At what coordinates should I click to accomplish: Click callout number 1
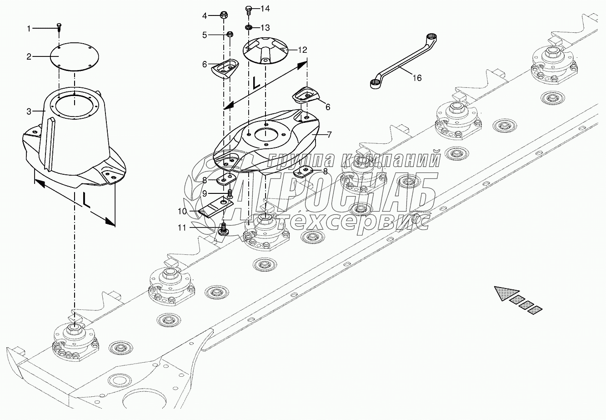(29, 28)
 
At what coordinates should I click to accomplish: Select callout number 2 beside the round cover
(29, 57)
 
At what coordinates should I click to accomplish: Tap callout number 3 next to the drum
(29, 111)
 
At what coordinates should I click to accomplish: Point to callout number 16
(417, 78)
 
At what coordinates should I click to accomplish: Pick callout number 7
(329, 135)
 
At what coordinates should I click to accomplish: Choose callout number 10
(182, 211)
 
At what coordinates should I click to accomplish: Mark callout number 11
(182, 228)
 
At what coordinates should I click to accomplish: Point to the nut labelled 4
(223, 15)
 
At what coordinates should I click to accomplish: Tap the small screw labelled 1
(59, 27)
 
